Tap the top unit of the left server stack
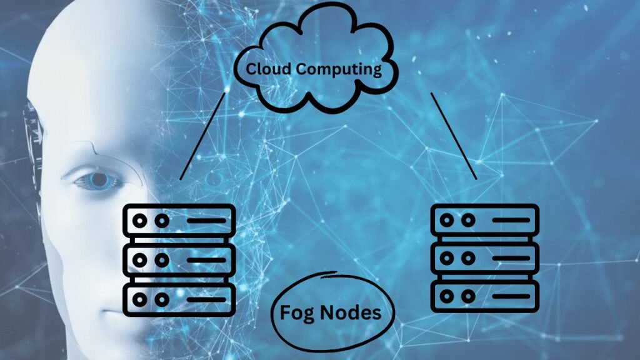(179, 221)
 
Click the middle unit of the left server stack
(179, 260)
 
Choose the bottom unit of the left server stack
(179, 299)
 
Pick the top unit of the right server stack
(485, 221)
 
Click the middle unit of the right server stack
(485, 258)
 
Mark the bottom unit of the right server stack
(485, 296)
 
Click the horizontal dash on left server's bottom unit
(206, 299)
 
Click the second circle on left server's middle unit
(162, 260)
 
